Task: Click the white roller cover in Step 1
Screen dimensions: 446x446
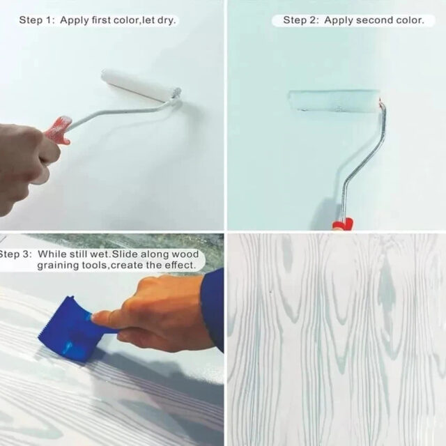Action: click(x=141, y=85)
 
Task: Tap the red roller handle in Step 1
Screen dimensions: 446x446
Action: click(x=59, y=129)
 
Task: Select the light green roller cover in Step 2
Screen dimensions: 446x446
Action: click(x=334, y=100)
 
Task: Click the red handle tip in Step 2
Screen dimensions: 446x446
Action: click(x=343, y=224)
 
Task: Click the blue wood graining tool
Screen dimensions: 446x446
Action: click(x=71, y=329)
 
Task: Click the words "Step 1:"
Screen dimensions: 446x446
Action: click(x=36, y=20)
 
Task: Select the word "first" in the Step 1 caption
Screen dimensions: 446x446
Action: click(x=101, y=20)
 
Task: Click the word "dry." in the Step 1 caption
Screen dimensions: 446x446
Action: click(x=167, y=20)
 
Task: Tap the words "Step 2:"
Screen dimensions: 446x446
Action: click(x=300, y=20)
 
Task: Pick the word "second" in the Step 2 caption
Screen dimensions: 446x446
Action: click(x=372, y=20)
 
